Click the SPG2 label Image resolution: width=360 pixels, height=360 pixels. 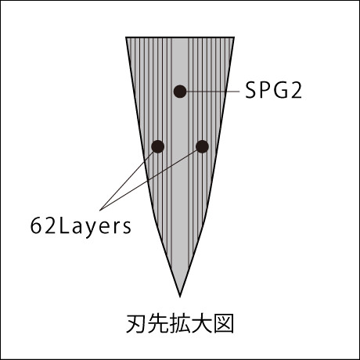tap(274, 91)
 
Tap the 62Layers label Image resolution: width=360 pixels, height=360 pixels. tap(81, 226)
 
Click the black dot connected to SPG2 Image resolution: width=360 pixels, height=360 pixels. tap(180, 92)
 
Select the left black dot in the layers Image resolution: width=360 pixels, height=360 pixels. tap(158, 146)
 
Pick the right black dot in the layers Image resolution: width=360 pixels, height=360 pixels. tap(202, 146)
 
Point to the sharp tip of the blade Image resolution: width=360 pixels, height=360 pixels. tap(180, 297)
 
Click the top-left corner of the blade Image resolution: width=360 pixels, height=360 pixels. tap(126, 38)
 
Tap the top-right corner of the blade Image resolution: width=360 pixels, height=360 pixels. tap(234, 38)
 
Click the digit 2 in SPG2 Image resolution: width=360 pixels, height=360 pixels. tap(297, 91)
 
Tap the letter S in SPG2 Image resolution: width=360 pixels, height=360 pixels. tap(251, 91)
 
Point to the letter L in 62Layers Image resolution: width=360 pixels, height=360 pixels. tap(64, 226)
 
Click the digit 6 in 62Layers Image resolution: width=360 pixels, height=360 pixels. tap(36, 226)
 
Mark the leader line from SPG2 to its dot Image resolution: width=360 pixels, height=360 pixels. tap(213, 92)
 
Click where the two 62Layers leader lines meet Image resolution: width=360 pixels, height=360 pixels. tap(100, 210)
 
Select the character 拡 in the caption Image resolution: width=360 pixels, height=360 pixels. tap(180, 324)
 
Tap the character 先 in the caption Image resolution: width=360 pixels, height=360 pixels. tap(158, 324)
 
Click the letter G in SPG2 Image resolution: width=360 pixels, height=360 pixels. tap(281, 91)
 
